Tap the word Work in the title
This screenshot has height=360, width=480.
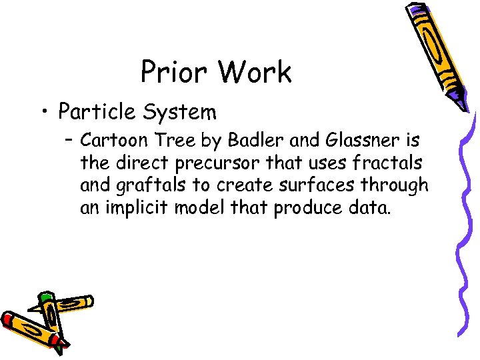point(254,73)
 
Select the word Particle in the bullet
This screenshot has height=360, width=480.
point(94,113)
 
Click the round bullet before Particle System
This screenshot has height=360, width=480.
point(43,112)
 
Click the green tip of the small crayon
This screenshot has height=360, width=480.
point(45,295)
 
